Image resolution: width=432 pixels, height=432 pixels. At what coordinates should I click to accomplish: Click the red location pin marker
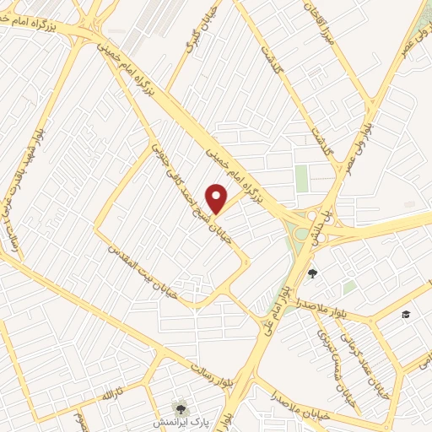217,197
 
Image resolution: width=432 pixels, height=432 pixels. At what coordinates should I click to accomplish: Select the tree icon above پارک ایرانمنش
178,407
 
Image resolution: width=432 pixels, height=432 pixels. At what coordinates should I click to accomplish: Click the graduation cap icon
406,314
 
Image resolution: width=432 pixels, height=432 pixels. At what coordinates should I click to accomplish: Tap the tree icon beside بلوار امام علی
313,273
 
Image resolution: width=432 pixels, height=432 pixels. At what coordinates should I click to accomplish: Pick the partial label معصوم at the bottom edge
79,420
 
